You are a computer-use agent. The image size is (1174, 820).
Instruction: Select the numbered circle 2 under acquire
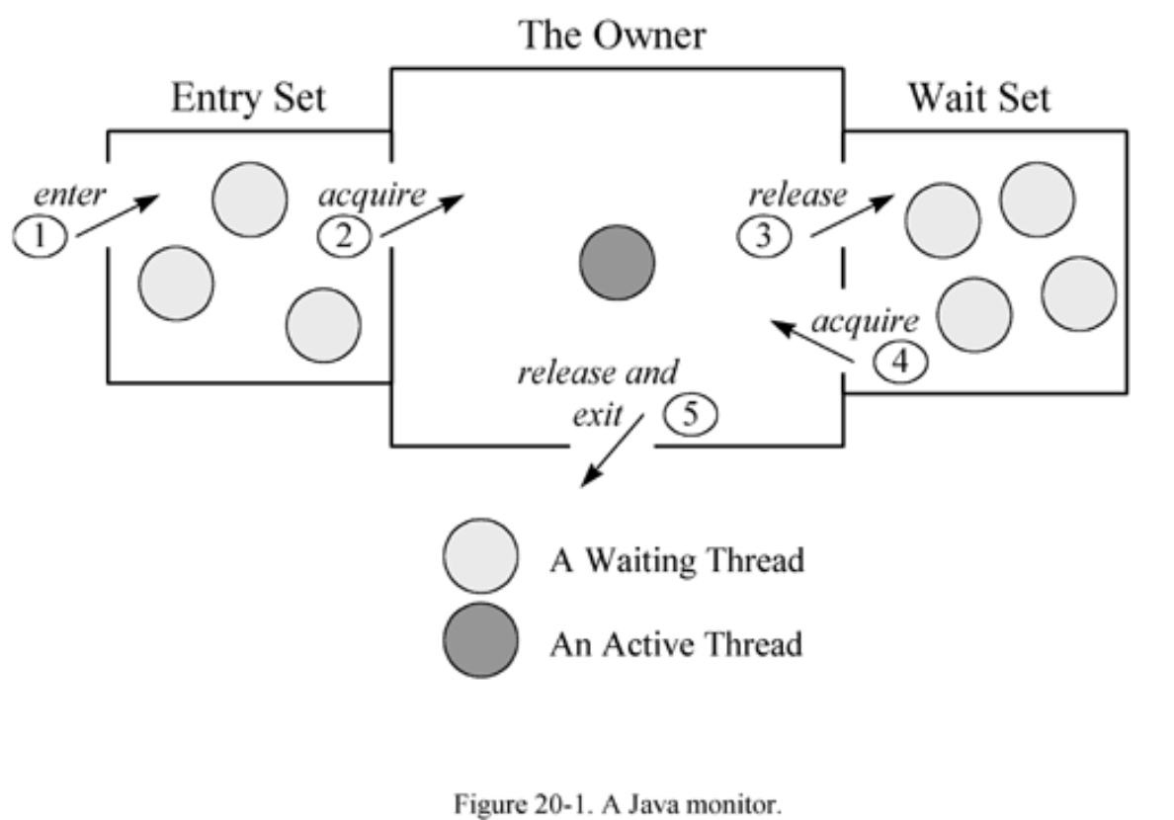pyautogui.click(x=343, y=238)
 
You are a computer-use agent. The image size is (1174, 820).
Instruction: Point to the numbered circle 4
pyautogui.click(x=899, y=363)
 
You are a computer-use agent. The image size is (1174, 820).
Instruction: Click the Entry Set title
pyautogui.click(x=248, y=99)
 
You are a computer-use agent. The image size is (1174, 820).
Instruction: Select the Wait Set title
pyautogui.click(x=978, y=99)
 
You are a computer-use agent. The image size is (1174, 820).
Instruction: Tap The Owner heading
pyautogui.click(x=614, y=37)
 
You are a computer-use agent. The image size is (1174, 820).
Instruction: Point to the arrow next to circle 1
pyautogui.click(x=117, y=215)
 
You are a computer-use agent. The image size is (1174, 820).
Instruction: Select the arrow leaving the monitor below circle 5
pyautogui.click(x=613, y=451)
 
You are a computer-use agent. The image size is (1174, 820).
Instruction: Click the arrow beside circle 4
pyautogui.click(x=812, y=341)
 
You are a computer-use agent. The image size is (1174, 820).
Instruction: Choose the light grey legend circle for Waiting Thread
pyautogui.click(x=480, y=557)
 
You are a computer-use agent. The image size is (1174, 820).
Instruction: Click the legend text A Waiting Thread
pyautogui.click(x=677, y=560)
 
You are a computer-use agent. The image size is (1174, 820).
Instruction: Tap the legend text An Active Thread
pyautogui.click(x=676, y=644)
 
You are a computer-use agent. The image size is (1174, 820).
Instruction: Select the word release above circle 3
pyautogui.click(x=797, y=195)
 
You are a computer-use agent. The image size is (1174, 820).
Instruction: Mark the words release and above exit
pyautogui.click(x=598, y=373)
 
